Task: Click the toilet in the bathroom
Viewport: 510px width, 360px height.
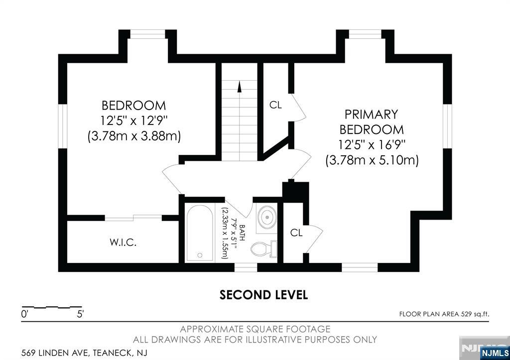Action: (x=264, y=249)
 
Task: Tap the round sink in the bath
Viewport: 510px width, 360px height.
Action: (x=267, y=216)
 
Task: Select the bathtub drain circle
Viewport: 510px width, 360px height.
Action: (x=200, y=255)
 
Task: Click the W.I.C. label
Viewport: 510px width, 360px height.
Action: (x=123, y=242)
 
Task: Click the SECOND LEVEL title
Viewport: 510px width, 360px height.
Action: (x=263, y=295)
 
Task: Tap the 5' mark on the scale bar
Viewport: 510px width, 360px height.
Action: (x=80, y=314)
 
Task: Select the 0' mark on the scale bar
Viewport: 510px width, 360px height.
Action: (x=25, y=314)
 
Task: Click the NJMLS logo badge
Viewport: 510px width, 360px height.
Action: (x=495, y=353)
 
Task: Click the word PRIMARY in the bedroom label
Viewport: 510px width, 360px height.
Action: (x=371, y=115)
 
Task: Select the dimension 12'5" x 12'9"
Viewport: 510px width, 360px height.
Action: (x=133, y=120)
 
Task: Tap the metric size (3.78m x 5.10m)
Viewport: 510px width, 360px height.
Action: (x=372, y=160)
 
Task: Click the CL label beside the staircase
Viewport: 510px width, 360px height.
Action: (x=275, y=105)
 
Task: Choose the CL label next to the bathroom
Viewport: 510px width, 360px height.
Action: (x=296, y=233)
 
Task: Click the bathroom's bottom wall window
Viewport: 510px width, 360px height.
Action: (x=246, y=267)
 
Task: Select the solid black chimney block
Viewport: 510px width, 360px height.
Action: (x=295, y=191)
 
